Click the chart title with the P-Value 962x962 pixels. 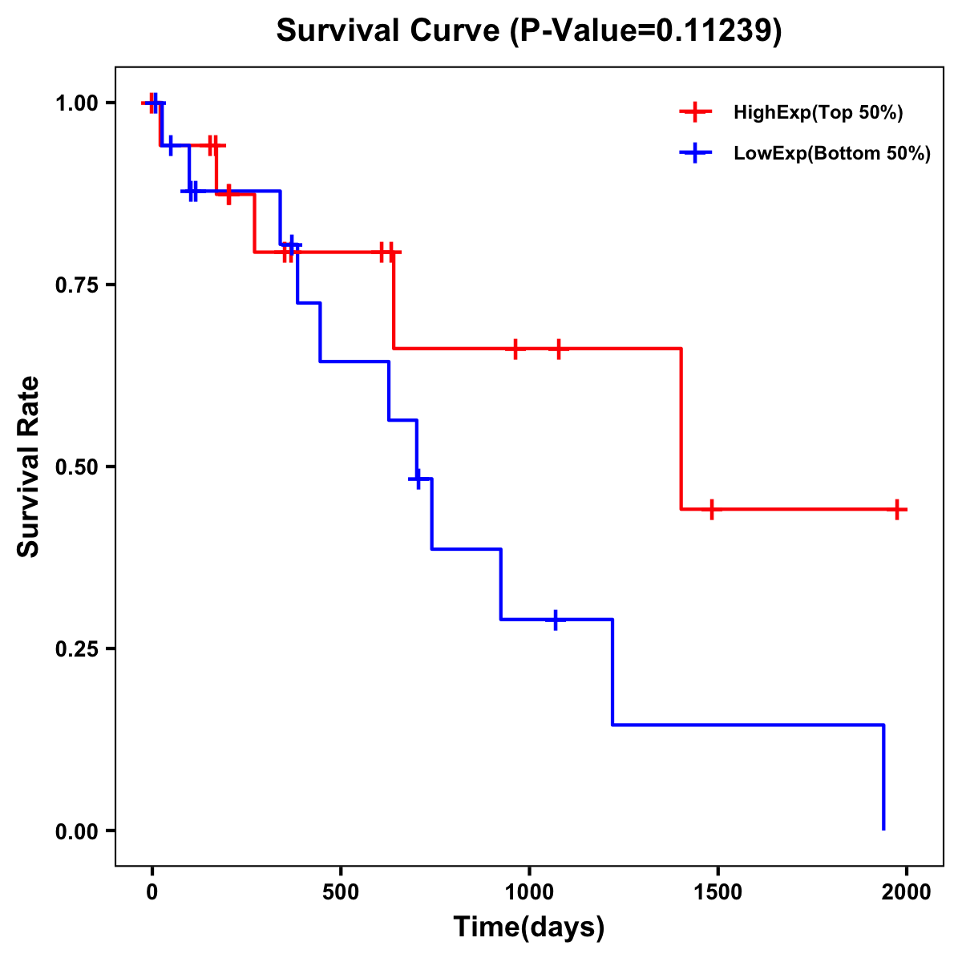tap(528, 31)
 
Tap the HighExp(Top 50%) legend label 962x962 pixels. tap(818, 113)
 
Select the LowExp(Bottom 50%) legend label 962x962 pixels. tap(832, 154)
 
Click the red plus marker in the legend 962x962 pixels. tap(695, 112)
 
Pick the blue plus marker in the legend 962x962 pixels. tap(695, 153)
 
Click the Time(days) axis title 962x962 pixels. tap(528, 928)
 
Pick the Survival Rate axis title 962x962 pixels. tap(29, 467)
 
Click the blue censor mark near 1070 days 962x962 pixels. tap(555, 620)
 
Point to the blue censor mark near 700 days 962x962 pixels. tap(416, 479)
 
